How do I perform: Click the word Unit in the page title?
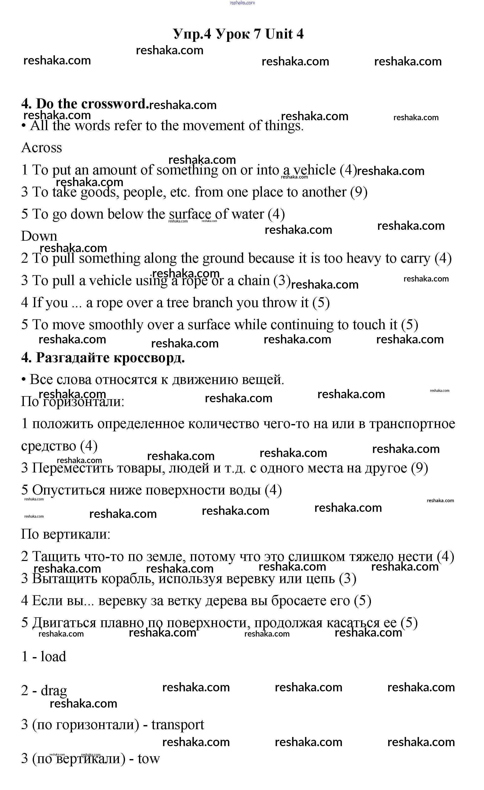[x=279, y=34]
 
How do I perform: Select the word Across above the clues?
[x=42, y=148]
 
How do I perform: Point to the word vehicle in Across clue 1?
[x=314, y=170]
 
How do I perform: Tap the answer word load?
[x=53, y=656]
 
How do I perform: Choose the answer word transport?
[x=177, y=725]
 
